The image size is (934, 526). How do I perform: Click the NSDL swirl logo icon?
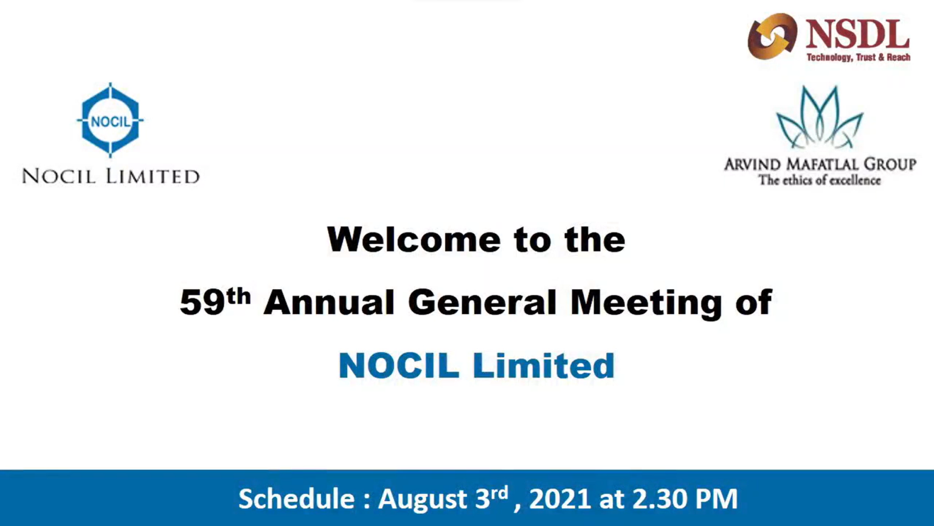click(772, 36)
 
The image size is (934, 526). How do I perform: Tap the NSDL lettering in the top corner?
click(857, 34)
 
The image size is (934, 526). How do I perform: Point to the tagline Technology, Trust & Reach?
click(858, 57)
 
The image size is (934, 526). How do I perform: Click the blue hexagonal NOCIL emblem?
click(110, 120)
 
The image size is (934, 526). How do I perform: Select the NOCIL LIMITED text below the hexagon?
click(111, 176)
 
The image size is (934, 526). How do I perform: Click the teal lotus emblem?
click(820, 117)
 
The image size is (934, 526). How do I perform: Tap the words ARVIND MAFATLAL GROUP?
click(820, 164)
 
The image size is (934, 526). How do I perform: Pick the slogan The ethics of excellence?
click(819, 180)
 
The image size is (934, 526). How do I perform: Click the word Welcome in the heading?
click(413, 240)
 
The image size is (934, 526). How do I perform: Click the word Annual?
click(329, 302)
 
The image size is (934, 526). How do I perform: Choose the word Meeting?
click(646, 304)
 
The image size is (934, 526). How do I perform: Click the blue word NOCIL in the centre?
click(399, 366)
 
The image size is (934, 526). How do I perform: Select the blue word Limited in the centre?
click(544, 366)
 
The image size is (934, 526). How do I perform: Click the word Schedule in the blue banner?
click(297, 499)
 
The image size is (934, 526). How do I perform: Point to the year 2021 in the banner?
click(560, 499)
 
